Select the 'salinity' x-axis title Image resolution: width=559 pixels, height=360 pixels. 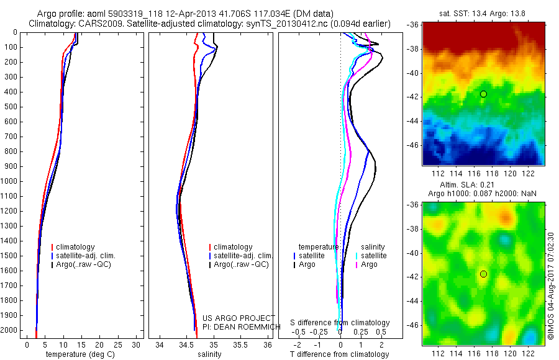coord(209,354)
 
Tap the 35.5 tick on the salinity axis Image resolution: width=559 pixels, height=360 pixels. coord(241,344)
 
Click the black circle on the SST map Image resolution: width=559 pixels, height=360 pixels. coord(483,94)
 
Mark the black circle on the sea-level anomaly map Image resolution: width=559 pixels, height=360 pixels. coord(483,274)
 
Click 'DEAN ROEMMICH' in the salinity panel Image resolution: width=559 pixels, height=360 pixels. coord(238,326)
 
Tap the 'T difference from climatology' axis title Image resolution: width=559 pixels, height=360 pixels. coord(340,354)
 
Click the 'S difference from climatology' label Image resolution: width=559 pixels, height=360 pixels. coord(340,323)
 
